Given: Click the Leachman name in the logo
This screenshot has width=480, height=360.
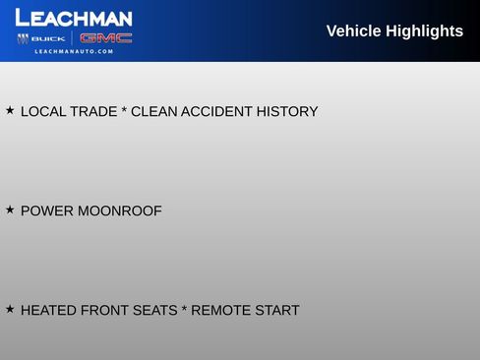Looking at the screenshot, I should click(x=74, y=18).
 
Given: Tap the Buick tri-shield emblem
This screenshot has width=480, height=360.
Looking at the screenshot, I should click(x=23, y=38).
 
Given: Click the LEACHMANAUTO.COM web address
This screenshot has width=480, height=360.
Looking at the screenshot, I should click(x=74, y=51).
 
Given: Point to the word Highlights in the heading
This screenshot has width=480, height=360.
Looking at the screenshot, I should click(x=424, y=31).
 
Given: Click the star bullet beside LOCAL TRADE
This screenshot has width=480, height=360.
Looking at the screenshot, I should click(x=10, y=111).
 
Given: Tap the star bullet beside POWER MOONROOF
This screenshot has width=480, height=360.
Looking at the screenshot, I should click(x=10, y=210).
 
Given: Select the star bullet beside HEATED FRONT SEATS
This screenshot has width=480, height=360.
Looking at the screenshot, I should click(x=10, y=310).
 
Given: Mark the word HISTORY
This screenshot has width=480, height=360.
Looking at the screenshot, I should click(x=287, y=112).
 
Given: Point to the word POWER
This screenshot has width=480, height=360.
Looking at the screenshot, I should click(x=46, y=211).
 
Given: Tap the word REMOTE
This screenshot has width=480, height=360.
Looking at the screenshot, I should click(x=220, y=311).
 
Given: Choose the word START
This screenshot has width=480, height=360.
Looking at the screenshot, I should click(x=276, y=311).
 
